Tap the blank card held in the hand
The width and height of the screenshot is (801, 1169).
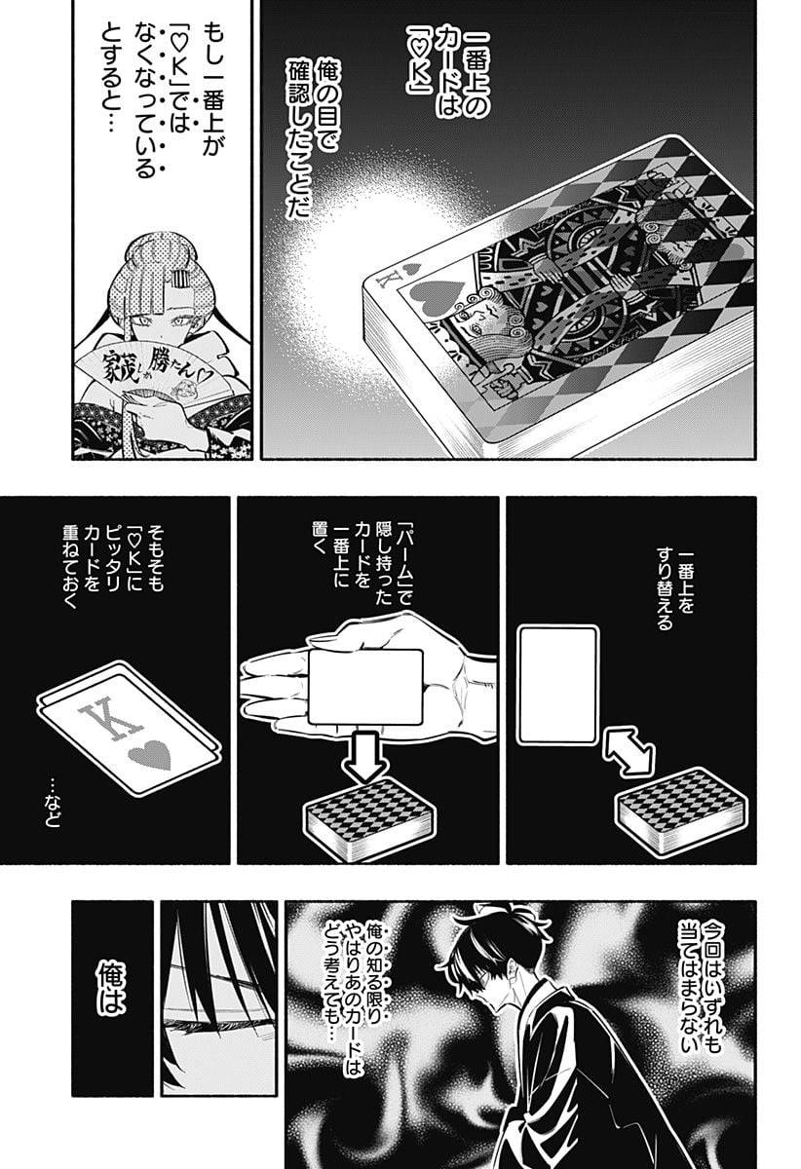coord(365,685)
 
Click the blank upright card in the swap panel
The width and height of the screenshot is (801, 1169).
coord(557,686)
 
